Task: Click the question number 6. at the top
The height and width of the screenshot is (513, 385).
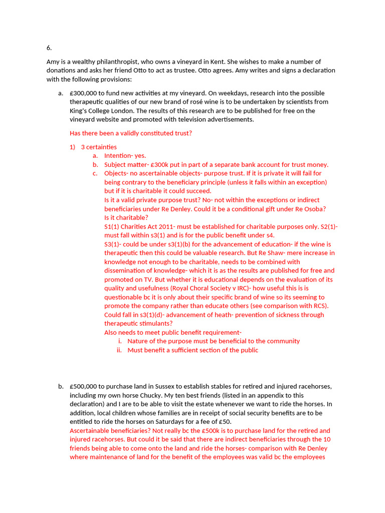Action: [x=49, y=48]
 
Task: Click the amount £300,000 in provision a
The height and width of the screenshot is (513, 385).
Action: [x=84, y=93]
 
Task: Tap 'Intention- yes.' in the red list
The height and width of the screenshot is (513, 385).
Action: [x=125, y=156]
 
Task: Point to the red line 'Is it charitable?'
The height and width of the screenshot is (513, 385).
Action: [x=126, y=217]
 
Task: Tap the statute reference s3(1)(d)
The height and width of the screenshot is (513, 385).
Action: [x=150, y=315]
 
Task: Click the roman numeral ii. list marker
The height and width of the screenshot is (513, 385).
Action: [x=119, y=350]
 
